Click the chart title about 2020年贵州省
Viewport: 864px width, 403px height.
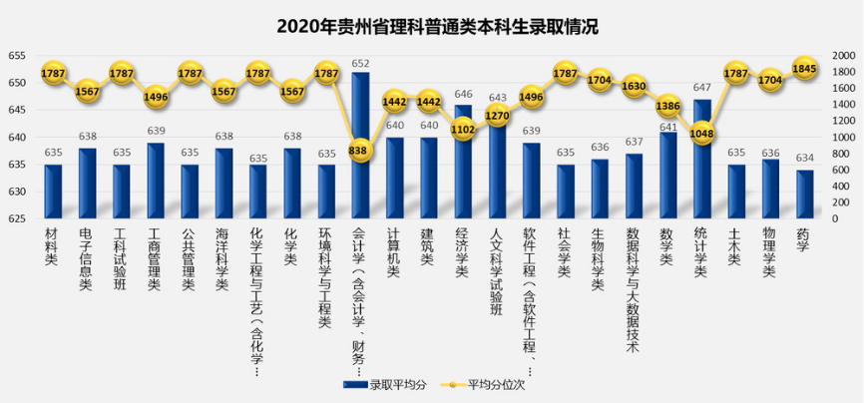(x=432, y=26)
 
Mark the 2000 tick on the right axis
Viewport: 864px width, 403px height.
(x=841, y=56)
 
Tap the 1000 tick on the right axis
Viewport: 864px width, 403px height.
(x=841, y=138)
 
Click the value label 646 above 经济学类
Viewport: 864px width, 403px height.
(x=463, y=94)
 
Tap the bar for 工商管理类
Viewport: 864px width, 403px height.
(x=155, y=181)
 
